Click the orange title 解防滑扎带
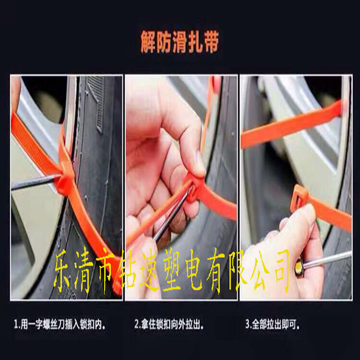click(180, 43)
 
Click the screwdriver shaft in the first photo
click(35, 181)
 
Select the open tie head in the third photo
click(299, 196)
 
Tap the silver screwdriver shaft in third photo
click(327, 259)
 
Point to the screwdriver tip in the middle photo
click(190, 190)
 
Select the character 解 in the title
click(147, 43)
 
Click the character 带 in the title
click(211, 43)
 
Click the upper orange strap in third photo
click(291, 125)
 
